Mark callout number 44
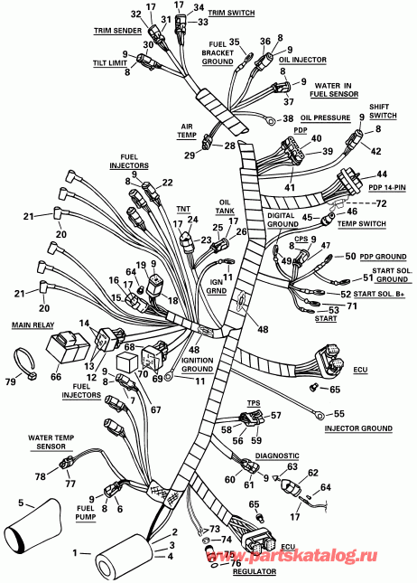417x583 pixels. coord(381,174)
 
